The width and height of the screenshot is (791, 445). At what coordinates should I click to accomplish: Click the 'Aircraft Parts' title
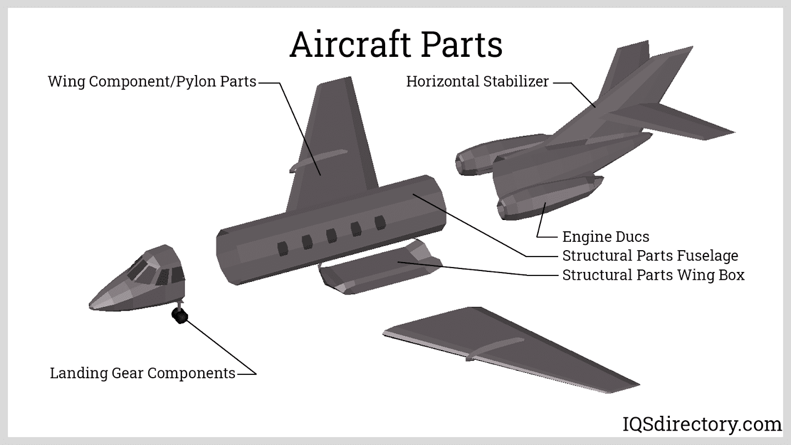click(x=396, y=44)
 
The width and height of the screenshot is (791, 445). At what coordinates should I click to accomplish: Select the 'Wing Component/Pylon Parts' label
click(x=152, y=82)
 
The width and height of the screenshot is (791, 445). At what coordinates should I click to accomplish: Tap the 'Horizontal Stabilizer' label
click(x=477, y=82)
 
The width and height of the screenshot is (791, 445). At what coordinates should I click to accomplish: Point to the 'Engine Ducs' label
click(x=606, y=237)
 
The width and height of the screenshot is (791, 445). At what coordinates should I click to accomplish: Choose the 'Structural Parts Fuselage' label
click(x=650, y=256)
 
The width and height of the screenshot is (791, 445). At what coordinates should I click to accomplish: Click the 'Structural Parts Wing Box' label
click(x=653, y=275)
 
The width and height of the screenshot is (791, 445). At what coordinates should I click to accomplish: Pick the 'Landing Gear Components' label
click(x=142, y=373)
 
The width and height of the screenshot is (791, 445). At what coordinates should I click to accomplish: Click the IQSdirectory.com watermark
click(x=701, y=424)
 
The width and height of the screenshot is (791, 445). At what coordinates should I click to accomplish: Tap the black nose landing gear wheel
click(x=179, y=315)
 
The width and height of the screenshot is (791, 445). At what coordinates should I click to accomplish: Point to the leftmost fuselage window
click(x=283, y=248)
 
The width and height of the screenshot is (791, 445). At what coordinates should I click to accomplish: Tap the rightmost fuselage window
click(x=380, y=223)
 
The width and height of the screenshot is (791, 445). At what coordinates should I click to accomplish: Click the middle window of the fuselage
click(x=332, y=235)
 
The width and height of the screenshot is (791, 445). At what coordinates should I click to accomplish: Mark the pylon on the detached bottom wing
click(x=494, y=348)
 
